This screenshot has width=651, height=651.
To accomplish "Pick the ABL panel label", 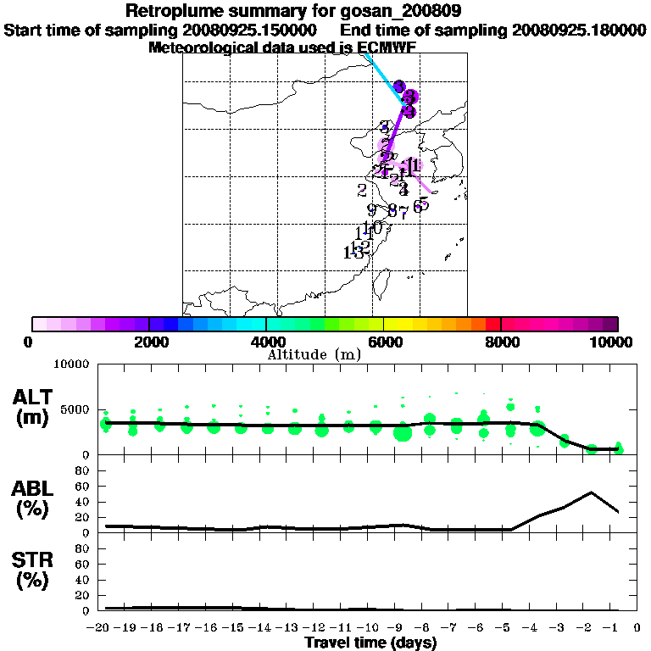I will point(33,500).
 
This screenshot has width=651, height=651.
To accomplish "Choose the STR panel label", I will point(33,572).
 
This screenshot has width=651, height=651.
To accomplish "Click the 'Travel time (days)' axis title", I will point(370,643).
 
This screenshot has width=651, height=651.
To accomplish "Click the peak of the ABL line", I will point(592,492).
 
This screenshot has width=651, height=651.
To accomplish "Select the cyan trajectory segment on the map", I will point(383,77).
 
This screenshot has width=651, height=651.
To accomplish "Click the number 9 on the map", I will point(371,210).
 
